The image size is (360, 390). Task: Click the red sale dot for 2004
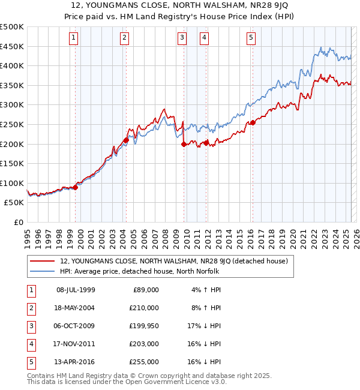click(126, 140)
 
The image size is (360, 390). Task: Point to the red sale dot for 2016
click(253, 123)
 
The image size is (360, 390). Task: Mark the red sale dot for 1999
click(75, 187)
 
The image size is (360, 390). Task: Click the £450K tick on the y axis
click(12, 46)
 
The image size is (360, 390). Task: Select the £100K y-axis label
click(12, 183)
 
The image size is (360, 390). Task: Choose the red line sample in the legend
click(43, 261)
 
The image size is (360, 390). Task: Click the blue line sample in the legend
click(43, 271)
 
